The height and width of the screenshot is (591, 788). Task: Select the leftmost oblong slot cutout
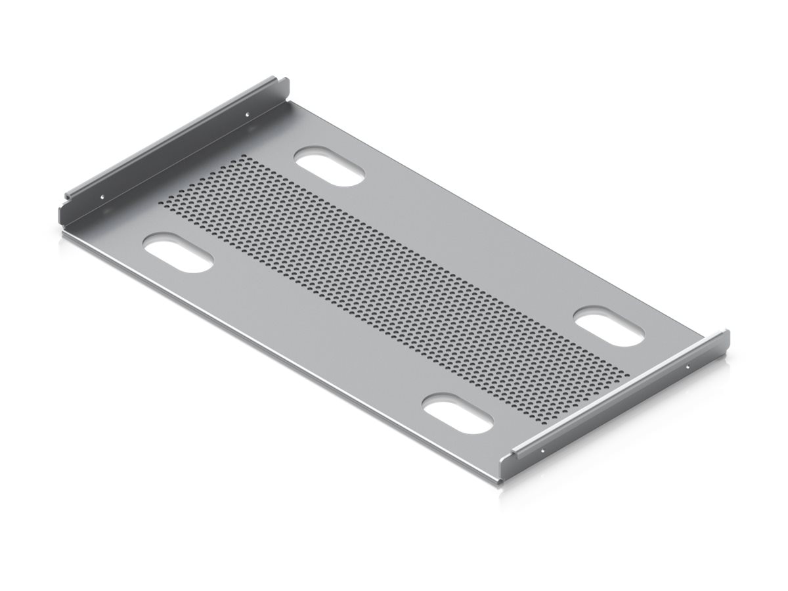point(178,253)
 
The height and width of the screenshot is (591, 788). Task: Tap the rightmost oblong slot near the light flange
point(609,328)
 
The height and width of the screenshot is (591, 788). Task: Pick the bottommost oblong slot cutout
point(458,414)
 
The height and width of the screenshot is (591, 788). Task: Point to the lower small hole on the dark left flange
point(102,196)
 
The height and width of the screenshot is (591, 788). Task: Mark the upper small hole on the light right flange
point(688,366)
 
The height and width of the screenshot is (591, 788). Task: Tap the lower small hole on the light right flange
point(542,451)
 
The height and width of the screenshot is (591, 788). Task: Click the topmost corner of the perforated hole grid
point(244,157)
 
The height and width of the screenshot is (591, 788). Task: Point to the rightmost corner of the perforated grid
point(628,374)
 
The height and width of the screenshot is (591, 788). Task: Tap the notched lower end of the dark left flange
point(66,204)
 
